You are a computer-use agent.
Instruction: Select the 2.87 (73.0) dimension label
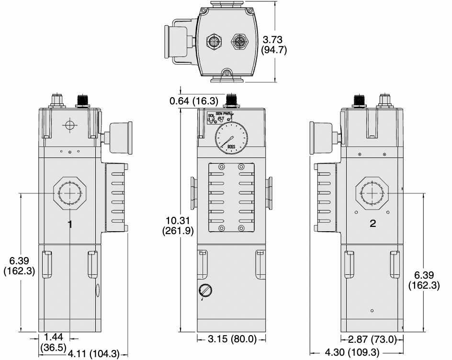pos(373,339)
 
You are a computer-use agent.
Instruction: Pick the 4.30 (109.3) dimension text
pos(352,353)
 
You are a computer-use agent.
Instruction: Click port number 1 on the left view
pos(70,224)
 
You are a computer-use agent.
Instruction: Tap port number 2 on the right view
pos(373,224)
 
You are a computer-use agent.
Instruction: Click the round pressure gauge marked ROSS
pos(230,140)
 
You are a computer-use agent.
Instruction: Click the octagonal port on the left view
pos(70,193)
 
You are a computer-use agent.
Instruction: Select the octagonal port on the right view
pos(373,193)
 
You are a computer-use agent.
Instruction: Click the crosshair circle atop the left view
pos(70,125)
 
